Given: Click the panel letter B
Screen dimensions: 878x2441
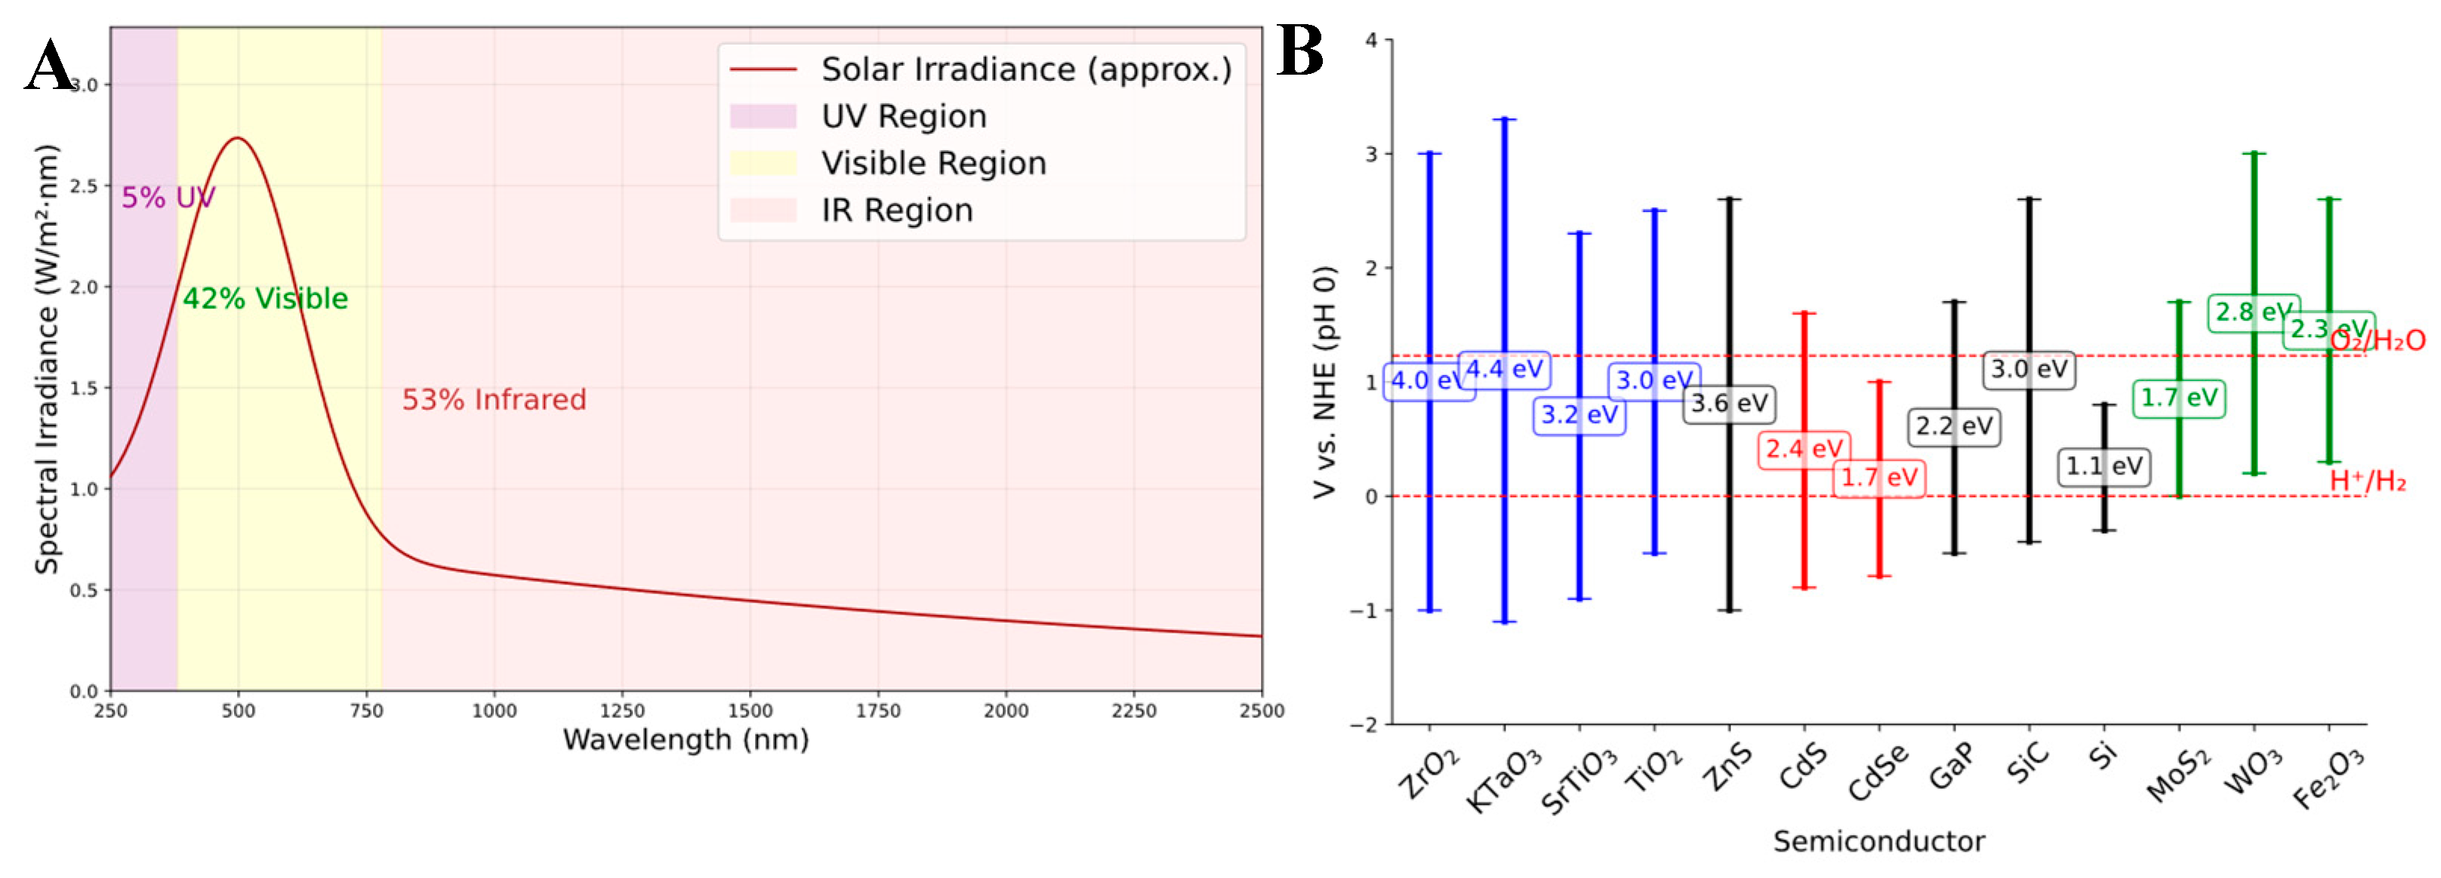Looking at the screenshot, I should [x=1299, y=51].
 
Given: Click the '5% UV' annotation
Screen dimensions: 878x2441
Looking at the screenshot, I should [x=168, y=198].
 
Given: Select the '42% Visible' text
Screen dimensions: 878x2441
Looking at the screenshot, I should [x=265, y=299].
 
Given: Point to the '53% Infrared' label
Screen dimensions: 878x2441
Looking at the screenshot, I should [x=494, y=400].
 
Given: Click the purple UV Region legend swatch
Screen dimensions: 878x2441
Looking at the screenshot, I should [x=762, y=116].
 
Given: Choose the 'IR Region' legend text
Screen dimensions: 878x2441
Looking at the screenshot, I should [x=896, y=210].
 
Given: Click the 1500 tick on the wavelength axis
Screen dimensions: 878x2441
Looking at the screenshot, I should [x=750, y=711].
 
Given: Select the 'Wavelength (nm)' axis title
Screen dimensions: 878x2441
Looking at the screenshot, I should [x=686, y=740].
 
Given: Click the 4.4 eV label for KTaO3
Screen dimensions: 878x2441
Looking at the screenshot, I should [x=1504, y=370].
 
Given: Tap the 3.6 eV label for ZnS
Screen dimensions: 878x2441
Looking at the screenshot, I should [x=1729, y=404].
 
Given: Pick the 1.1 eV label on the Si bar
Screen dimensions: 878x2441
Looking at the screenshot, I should [x=2104, y=466].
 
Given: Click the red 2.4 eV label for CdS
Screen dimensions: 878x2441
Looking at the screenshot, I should [x=1803, y=448].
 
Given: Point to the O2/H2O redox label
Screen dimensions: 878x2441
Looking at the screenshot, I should [x=2378, y=340].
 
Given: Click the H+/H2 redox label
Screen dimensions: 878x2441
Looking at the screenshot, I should [x=2368, y=481].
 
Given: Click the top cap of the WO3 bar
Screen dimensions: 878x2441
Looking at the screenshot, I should [x=2254, y=153].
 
